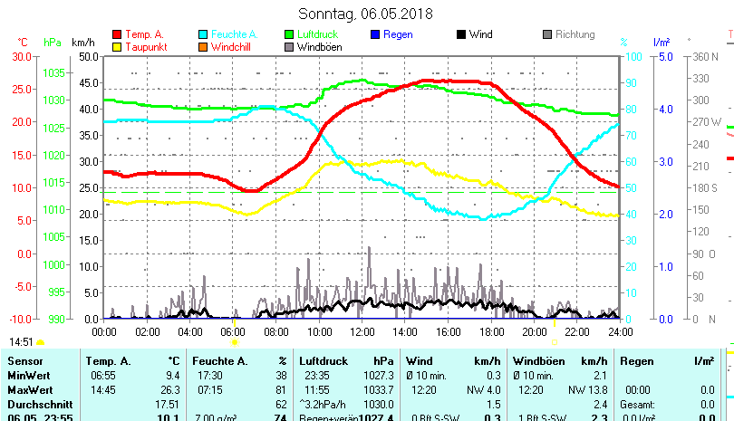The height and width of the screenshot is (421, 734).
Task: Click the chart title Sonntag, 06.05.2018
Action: (366, 14)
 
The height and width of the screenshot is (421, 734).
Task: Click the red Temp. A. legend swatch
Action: (117, 34)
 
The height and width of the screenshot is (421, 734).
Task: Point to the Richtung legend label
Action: (575, 34)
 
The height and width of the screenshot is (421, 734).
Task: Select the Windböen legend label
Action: (319, 47)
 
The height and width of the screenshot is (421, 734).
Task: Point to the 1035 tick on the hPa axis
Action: (53, 72)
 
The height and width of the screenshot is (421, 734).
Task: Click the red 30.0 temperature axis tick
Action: (22, 56)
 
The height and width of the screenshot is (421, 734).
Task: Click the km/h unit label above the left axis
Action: (82, 42)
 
